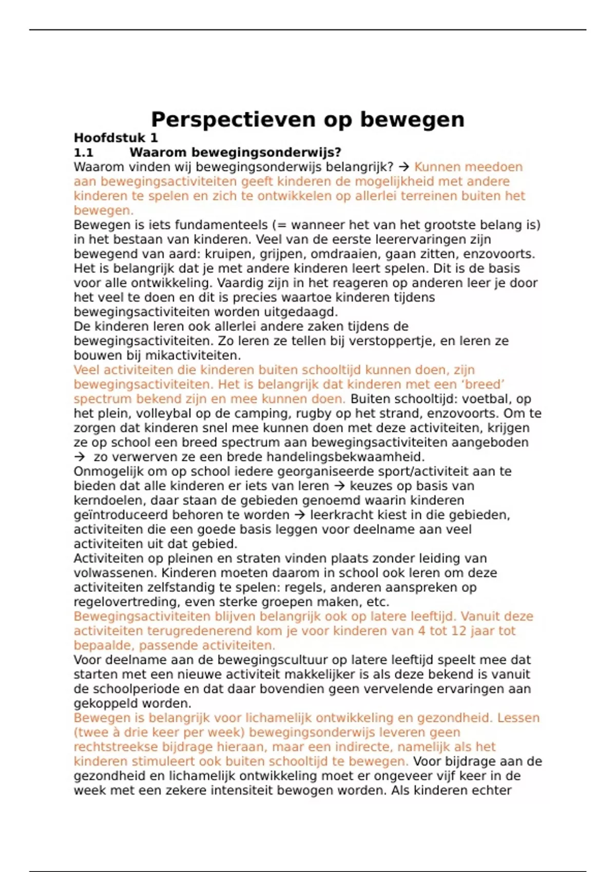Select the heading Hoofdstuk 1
click(x=115, y=138)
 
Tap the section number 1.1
click(x=84, y=152)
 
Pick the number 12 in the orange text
click(x=458, y=631)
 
